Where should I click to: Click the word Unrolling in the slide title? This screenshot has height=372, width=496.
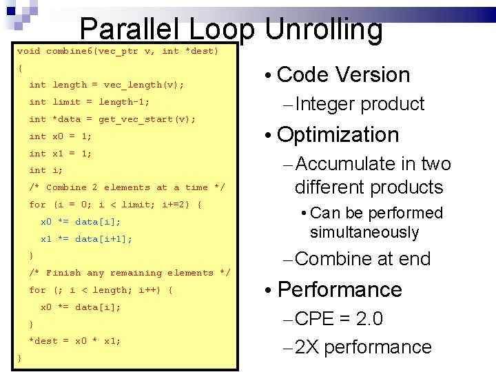pos(323,29)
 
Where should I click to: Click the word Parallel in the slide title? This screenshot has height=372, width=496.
pos(132,29)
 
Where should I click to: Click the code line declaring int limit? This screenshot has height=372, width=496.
pos(89,102)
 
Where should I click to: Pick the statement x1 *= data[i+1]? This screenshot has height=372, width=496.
pos(86,239)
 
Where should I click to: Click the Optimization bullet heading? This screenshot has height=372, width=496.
pos(338,134)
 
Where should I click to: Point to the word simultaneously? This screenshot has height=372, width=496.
pos(364,232)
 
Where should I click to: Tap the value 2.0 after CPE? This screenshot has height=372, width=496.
pos(369,320)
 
